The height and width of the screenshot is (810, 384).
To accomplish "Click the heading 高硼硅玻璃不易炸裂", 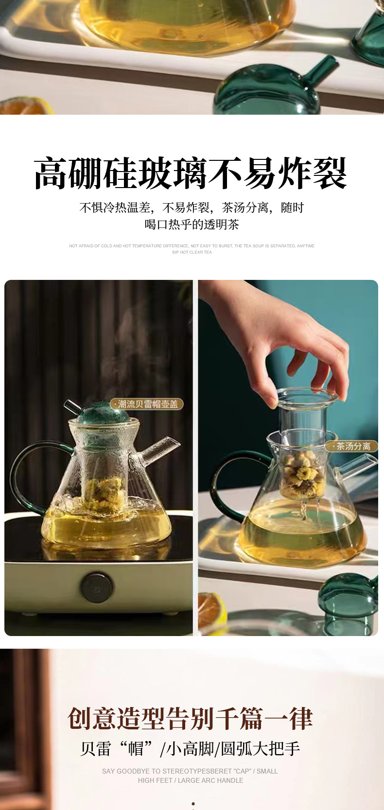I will click(191, 174).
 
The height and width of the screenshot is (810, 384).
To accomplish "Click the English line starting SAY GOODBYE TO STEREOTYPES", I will click(190, 771).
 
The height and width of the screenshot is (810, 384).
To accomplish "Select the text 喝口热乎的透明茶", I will click(192, 224).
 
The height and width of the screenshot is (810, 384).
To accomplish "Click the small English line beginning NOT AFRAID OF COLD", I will click(192, 246).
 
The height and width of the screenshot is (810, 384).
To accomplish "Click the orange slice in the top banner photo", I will click(27, 107).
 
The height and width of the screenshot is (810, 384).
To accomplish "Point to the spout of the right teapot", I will click(360, 464).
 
